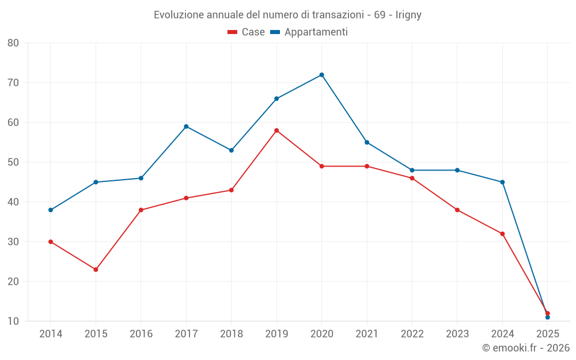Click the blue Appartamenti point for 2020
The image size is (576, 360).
(321, 75)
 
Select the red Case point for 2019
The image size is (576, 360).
(276, 131)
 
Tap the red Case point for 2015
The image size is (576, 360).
(96, 270)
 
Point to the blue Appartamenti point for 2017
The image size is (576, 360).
(186, 127)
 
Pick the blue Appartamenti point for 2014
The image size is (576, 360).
(51, 210)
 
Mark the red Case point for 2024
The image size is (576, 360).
(502, 234)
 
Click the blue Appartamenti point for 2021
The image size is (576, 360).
(367, 142)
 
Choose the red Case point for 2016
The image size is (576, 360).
(141, 210)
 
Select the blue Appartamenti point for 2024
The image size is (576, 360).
(502, 183)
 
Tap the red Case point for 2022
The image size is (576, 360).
(412, 179)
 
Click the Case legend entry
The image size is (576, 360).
(247, 32)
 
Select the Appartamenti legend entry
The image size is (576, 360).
(309, 32)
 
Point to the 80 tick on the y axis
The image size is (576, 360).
(13, 43)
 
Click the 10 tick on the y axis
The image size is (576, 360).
(13, 321)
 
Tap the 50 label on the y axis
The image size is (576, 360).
(13, 162)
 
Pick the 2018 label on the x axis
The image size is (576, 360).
(231, 334)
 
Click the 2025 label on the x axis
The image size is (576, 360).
(547, 334)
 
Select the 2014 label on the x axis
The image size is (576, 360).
(51, 334)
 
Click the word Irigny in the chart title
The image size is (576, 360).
(408, 15)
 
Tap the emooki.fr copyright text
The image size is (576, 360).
(525, 348)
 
